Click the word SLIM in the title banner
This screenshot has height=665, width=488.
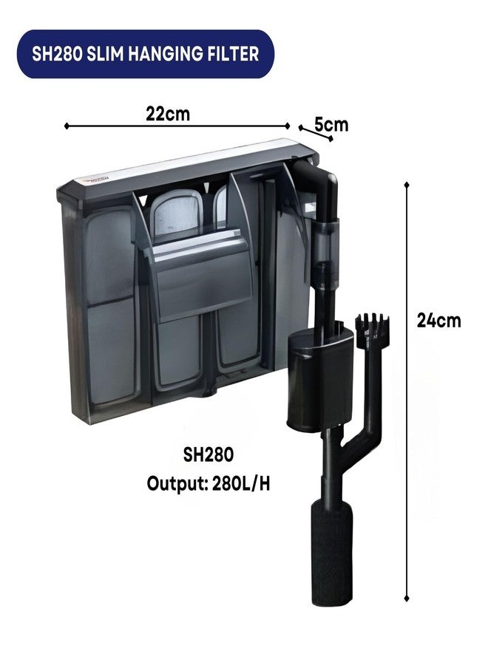pos(104,54)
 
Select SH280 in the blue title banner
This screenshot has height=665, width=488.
pos(57,54)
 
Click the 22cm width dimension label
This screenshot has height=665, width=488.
pos(168,114)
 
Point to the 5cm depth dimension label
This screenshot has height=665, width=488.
pos(331,125)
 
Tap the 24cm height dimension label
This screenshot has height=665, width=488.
pos(438,320)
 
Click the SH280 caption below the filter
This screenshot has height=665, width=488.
pos(209,455)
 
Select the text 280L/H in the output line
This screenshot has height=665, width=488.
pos(240,483)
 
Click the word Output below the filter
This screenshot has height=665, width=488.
pos(177,483)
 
